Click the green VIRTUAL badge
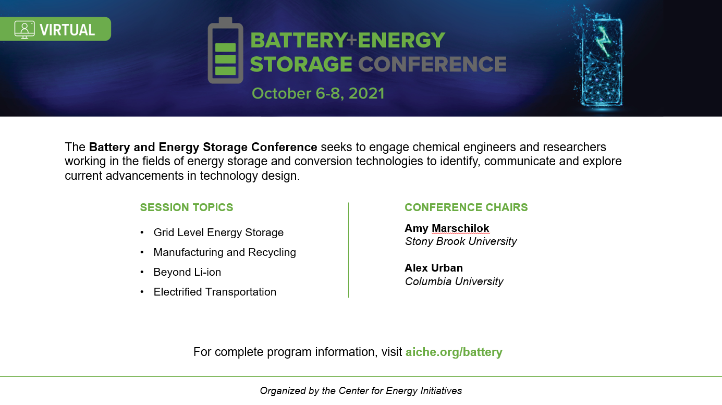pyautogui.click(x=55, y=29)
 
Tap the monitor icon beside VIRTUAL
pyautogui.click(x=25, y=30)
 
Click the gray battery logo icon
pyautogui.click(x=225, y=51)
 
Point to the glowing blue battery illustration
pyautogui.click(x=599, y=58)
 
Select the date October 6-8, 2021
pyautogui.click(x=318, y=93)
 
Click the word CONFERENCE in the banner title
pyautogui.click(x=432, y=64)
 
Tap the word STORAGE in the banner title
pyautogui.click(x=301, y=64)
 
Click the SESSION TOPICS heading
pyautogui.click(x=186, y=207)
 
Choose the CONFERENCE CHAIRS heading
pyautogui.click(x=466, y=207)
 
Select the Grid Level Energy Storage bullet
pyautogui.click(x=218, y=232)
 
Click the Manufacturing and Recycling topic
pyautogui.click(x=225, y=252)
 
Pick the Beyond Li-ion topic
pyautogui.click(x=187, y=272)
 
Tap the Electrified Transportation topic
pyautogui.click(x=215, y=291)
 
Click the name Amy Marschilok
pyautogui.click(x=447, y=228)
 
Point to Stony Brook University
pyautogui.click(x=461, y=241)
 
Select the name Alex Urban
pyautogui.click(x=434, y=268)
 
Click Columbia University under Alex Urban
pyautogui.click(x=454, y=281)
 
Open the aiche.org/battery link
pyautogui.click(x=454, y=352)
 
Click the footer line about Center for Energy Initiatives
pyautogui.click(x=361, y=390)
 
